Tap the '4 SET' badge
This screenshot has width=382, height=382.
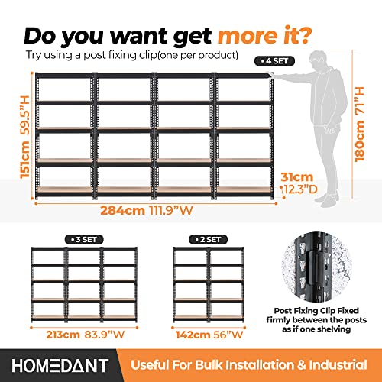point(273,58)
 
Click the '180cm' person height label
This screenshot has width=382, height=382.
point(370,164)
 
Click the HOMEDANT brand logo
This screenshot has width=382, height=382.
point(60,364)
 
